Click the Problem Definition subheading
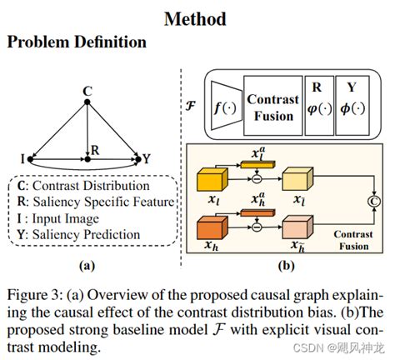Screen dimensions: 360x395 pos(77,42)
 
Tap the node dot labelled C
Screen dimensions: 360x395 pos(87,102)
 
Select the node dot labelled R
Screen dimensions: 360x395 pos(87,157)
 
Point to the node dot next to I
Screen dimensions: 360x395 pos(31,157)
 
